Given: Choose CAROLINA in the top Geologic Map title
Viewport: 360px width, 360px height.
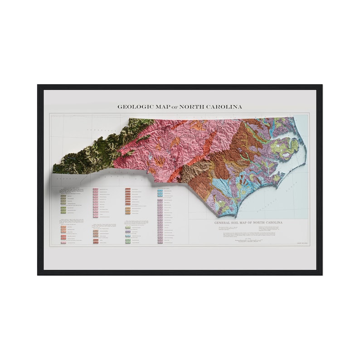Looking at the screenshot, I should (224, 107).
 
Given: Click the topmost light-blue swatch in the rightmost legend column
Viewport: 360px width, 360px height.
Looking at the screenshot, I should (161, 192).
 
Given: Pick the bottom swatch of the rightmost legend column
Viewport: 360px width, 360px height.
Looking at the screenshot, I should (161, 243).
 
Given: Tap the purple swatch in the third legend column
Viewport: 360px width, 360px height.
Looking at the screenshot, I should (128, 232).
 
